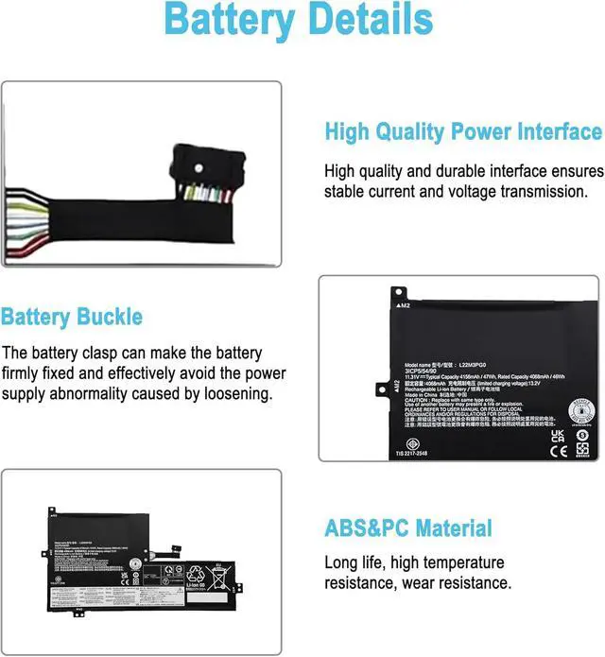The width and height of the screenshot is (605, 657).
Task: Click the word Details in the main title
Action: pos(369,21)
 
